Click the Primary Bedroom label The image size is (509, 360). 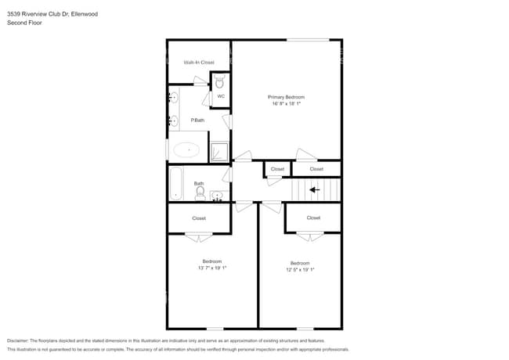[x=286, y=97]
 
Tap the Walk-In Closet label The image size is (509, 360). [x=199, y=62]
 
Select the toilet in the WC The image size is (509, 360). [x=220, y=81]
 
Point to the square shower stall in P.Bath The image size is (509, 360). [x=220, y=150]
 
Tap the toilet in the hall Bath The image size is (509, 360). [x=200, y=192]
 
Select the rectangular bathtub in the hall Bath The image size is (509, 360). [x=175, y=183]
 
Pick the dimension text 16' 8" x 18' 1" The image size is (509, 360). [x=286, y=103]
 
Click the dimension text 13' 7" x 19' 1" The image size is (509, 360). [x=211, y=268]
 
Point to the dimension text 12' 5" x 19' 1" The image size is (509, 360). [x=300, y=269]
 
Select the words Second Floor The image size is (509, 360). [x=24, y=23]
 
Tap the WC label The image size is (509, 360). [x=221, y=96]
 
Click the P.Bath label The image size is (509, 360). [x=198, y=120]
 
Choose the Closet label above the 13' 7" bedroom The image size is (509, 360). [x=199, y=218]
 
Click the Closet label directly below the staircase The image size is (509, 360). [x=313, y=218]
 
